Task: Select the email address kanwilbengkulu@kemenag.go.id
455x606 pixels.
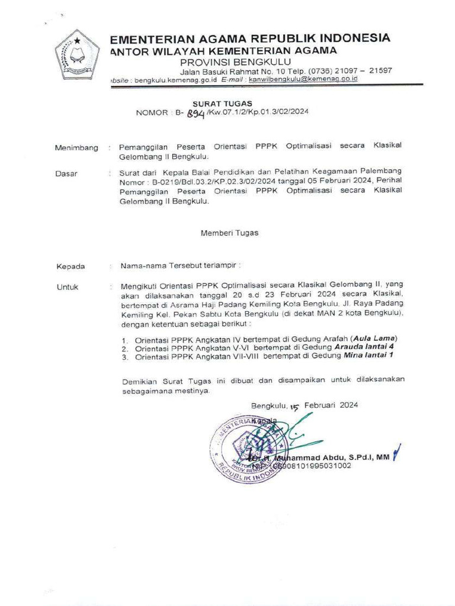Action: click(x=299, y=79)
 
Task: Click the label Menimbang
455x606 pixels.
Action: click(x=76, y=147)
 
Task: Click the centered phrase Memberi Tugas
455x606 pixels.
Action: click(x=229, y=233)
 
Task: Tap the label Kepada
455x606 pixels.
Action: click(x=71, y=266)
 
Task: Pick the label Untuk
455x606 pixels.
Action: click(x=68, y=287)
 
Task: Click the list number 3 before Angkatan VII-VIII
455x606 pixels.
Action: click(x=125, y=357)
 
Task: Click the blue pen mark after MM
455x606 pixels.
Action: click(x=398, y=452)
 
